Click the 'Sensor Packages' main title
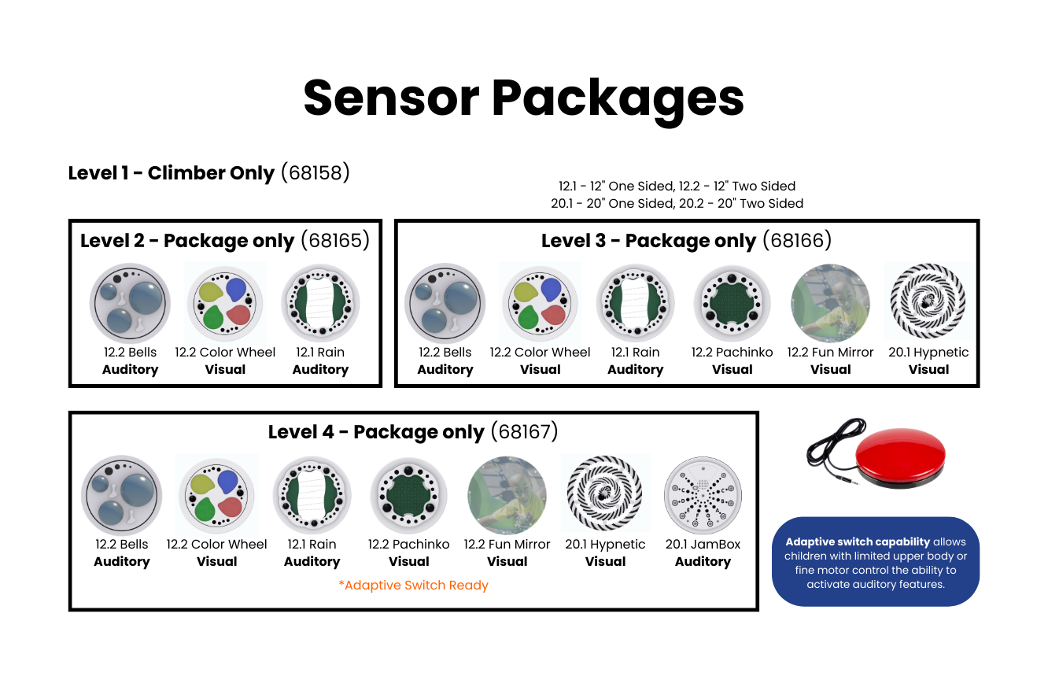click(x=523, y=99)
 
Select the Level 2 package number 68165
click(x=335, y=241)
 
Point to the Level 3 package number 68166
click(x=797, y=241)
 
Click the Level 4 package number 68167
click(x=525, y=431)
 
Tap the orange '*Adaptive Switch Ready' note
click(x=414, y=585)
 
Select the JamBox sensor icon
click(x=703, y=495)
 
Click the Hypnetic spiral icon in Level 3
click(x=928, y=301)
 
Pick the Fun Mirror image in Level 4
click(x=507, y=495)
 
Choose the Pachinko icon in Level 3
click(x=732, y=303)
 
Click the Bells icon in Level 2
click(x=130, y=303)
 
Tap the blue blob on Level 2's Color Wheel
click(x=236, y=289)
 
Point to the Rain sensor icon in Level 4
click(x=312, y=495)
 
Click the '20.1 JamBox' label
click(x=703, y=545)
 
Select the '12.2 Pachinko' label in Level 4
click(x=408, y=545)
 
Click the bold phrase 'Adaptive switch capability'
click(x=858, y=541)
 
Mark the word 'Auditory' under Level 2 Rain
click(x=320, y=370)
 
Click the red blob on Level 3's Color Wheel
click(x=553, y=315)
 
